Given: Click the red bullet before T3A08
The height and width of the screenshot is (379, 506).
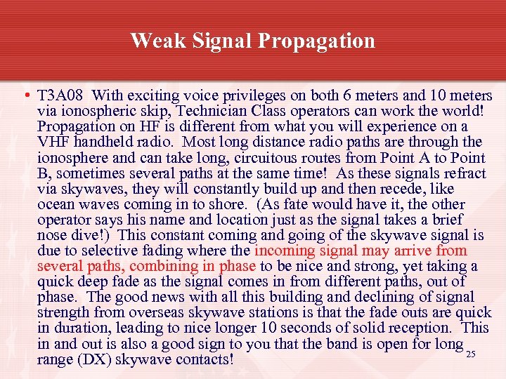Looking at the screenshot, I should click(26, 95).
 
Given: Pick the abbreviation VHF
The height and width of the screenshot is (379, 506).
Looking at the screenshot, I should click(53, 142).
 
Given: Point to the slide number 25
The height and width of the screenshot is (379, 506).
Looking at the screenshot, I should click(471, 354).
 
